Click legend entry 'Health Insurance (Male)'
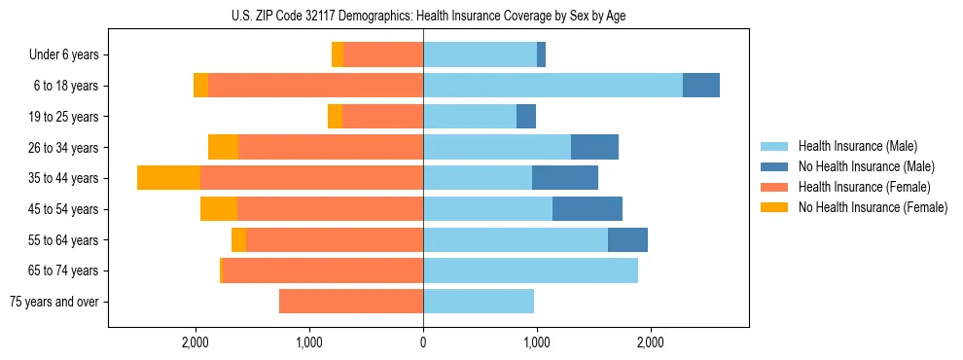[856, 146]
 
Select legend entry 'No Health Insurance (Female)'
[872, 207]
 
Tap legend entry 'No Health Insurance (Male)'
[865, 166]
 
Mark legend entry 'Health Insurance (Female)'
[863, 187]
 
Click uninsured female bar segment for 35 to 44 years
[168, 178]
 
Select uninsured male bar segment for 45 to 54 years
[588, 209]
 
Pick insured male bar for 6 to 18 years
[553, 86]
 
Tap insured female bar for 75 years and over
[350, 302]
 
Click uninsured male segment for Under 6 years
[541, 55]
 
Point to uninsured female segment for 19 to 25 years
[335, 117]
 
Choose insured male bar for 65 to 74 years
[530, 270]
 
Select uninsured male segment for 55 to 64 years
[627, 240]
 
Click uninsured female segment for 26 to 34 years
[223, 147]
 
